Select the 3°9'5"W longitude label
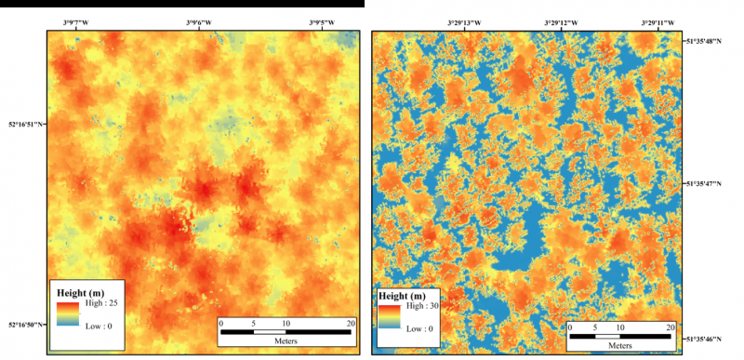pos(323,20)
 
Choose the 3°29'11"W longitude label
pos(657,20)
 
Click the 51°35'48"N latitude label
pos(711,42)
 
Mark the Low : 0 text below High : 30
pos(420,329)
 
